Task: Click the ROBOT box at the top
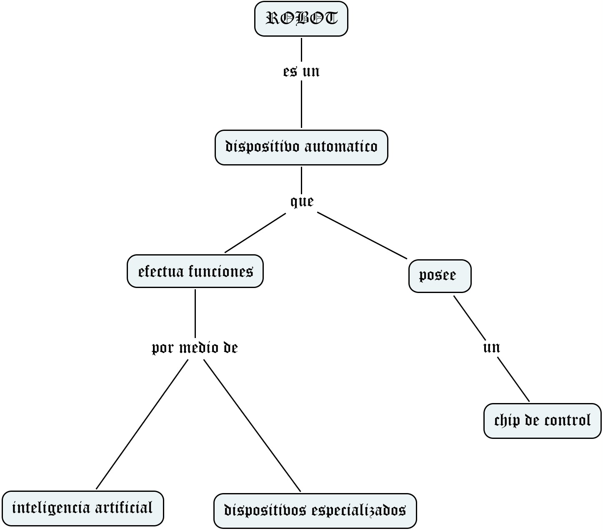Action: pyautogui.click(x=301, y=19)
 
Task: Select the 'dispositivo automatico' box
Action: pyautogui.click(x=301, y=147)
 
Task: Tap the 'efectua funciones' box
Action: pyautogui.click(x=195, y=271)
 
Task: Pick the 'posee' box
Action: pyautogui.click(x=440, y=276)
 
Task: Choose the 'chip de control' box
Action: pyautogui.click(x=542, y=421)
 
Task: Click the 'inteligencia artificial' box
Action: pyautogui.click(x=83, y=508)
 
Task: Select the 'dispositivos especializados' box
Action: pyautogui.click(x=315, y=511)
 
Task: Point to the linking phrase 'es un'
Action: pyautogui.click(x=301, y=72)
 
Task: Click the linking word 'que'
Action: pyautogui.click(x=302, y=202)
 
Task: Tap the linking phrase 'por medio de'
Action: pyautogui.click(x=195, y=348)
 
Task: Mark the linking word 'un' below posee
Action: pyautogui.click(x=491, y=347)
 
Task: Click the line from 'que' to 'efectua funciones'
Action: pyautogui.click(x=255, y=233)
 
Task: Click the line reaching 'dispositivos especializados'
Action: pyautogui.click(x=252, y=425)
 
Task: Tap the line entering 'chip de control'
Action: pyautogui.click(x=513, y=379)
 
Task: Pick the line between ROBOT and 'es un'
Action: pyautogui.click(x=301, y=49)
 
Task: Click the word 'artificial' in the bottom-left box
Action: pyautogui.click(x=124, y=508)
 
